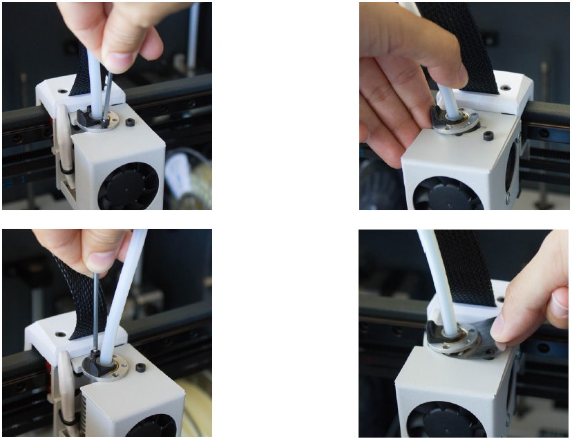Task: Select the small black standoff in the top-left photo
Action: tap(131, 123)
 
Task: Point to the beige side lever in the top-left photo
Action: tap(62, 138)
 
